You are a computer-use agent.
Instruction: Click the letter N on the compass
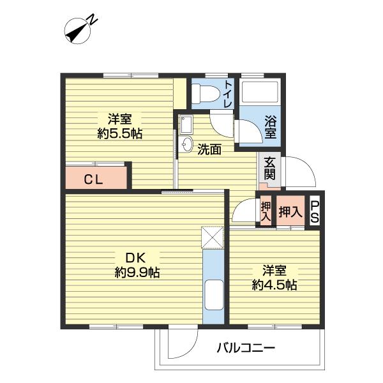click(93, 20)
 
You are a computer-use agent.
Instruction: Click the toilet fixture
click(206, 93)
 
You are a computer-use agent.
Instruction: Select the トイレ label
click(229, 94)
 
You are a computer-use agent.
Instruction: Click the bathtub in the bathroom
click(260, 91)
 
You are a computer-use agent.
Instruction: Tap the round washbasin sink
click(187, 144)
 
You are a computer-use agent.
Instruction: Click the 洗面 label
click(209, 149)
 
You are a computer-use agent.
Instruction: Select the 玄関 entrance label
click(269, 169)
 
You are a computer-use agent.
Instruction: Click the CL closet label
click(93, 180)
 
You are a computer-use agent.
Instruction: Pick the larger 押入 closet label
click(290, 211)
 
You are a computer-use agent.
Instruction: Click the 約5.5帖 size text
click(119, 134)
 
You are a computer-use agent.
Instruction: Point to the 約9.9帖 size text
click(137, 272)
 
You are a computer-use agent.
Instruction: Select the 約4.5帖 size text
click(274, 285)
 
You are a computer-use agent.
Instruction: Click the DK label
click(135, 258)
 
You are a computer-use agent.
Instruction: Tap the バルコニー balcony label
click(246, 348)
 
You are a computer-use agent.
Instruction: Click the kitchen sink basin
click(214, 296)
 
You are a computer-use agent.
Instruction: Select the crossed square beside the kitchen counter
click(213, 237)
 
